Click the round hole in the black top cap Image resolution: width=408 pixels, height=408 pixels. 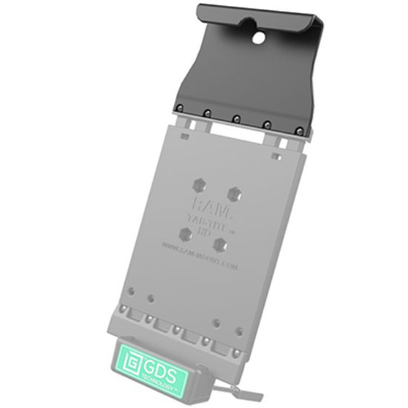click(x=262, y=35)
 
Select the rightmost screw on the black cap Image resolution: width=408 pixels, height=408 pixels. click(x=298, y=131)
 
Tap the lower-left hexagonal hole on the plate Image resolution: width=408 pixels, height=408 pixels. click(x=187, y=234)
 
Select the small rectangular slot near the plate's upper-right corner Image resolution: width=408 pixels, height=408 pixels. click(x=276, y=156)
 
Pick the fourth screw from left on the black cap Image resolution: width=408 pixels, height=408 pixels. click(x=266, y=125)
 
